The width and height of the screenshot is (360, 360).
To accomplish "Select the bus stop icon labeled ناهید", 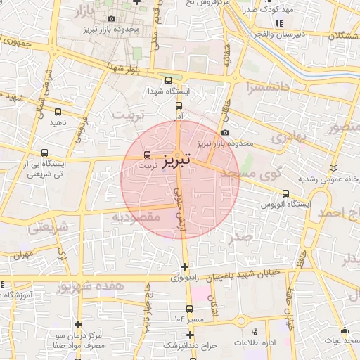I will (x=58, y=111).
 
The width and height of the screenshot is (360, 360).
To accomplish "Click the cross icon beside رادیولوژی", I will (x=184, y=266).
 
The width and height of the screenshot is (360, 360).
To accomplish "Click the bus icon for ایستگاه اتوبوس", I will (x=285, y=193).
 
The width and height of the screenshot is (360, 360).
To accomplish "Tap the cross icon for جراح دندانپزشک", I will (x=189, y=335).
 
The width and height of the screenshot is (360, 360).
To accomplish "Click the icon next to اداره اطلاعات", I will (x=255, y=331).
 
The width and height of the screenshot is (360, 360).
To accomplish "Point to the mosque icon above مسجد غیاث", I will (x=345, y=330).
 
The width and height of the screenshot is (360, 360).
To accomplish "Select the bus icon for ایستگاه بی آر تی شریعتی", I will (x=45, y=153).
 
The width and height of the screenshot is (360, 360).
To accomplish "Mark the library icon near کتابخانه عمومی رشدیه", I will (x=333, y=167).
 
